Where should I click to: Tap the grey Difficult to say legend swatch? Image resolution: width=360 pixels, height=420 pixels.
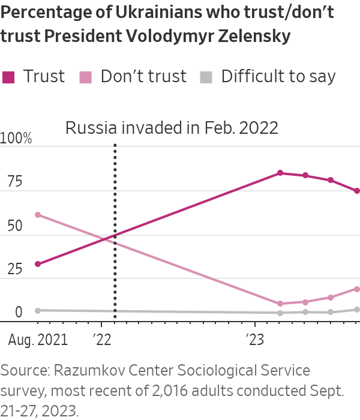click(206, 77)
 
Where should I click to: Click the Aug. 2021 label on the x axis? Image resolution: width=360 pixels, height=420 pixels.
click(38, 340)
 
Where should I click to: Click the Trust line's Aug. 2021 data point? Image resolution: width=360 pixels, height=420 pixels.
click(38, 264)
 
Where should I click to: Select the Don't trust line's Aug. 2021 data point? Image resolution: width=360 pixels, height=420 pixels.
click(38, 215)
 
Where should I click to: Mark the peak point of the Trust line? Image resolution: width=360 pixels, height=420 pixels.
click(280, 173)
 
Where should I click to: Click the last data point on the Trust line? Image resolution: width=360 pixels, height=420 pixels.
click(357, 191)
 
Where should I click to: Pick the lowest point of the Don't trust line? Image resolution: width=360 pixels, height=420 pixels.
click(280, 304)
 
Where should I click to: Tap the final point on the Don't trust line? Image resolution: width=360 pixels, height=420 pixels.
click(357, 289)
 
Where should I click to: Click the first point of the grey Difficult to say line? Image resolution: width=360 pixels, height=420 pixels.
click(38, 310)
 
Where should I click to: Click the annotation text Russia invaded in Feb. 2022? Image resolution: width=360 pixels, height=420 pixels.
click(172, 128)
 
